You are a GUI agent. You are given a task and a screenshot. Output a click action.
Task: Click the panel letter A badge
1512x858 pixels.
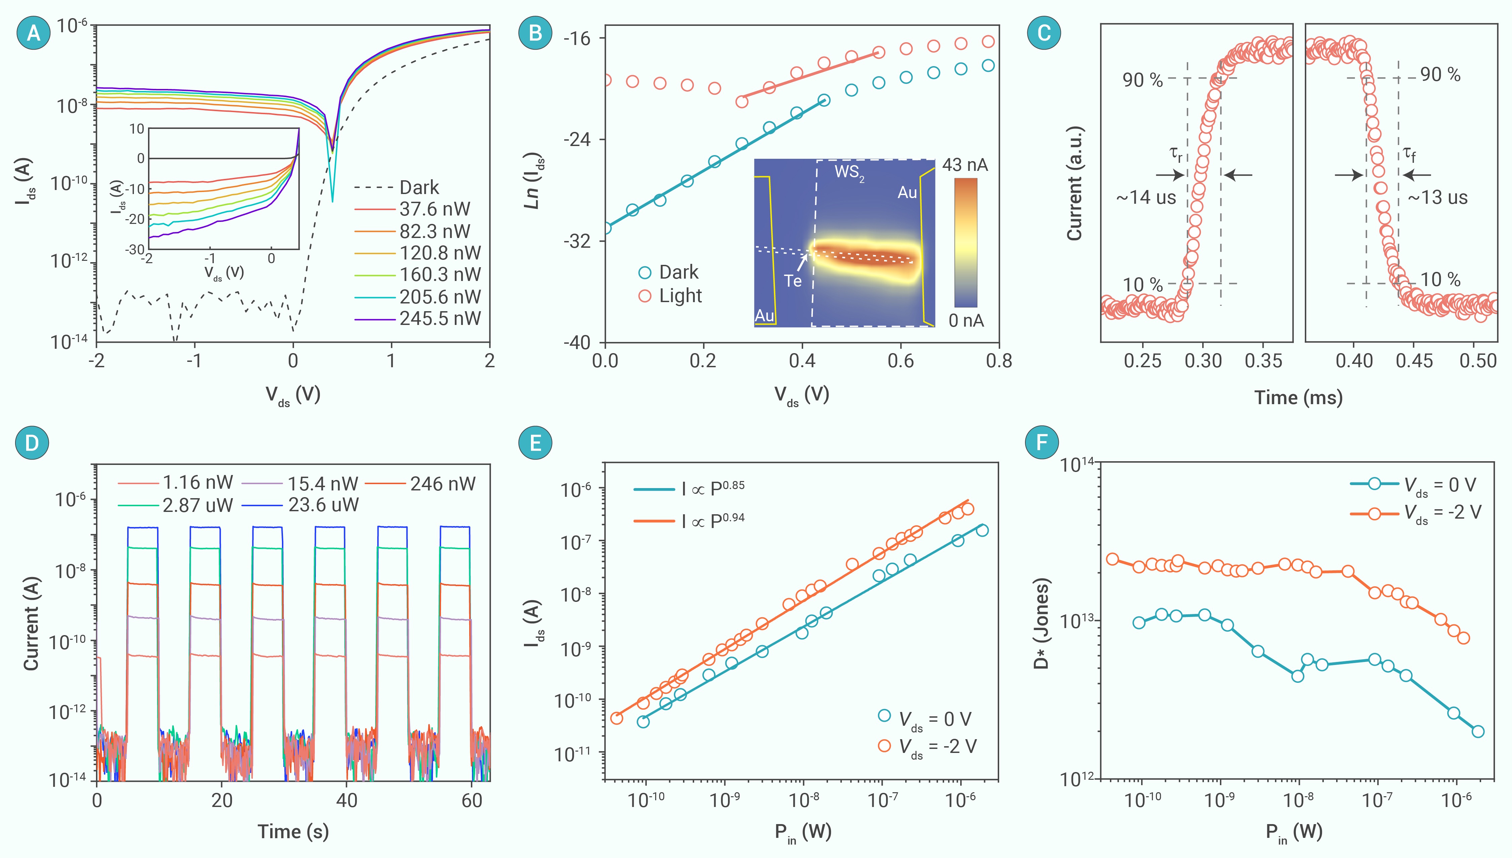coord(34,33)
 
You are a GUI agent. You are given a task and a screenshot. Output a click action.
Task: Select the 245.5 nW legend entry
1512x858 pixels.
coord(439,319)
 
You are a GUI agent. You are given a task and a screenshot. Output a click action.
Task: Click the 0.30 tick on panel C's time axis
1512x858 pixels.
coord(1203,361)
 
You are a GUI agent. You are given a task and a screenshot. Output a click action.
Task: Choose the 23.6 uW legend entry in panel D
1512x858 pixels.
coord(323,505)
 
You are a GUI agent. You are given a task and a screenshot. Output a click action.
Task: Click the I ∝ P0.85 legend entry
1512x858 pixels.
coord(713,488)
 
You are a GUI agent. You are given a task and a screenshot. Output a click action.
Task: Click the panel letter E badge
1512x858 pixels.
coord(535,442)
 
